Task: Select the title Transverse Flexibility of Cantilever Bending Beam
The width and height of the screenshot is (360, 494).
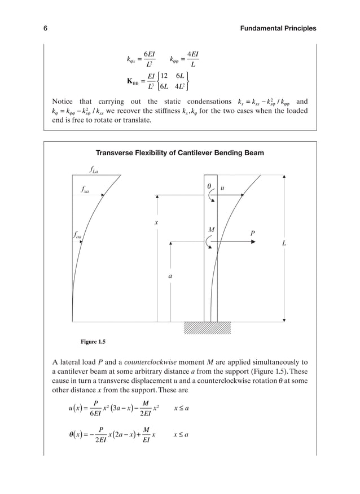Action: point(180,153)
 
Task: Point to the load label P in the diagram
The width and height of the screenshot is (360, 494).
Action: point(253,233)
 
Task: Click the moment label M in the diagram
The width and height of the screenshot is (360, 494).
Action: point(211,230)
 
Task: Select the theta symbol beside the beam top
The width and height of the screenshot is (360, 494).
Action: point(208,185)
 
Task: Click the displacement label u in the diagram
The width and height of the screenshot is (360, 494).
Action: point(222,186)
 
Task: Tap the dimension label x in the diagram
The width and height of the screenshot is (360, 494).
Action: point(156,224)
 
